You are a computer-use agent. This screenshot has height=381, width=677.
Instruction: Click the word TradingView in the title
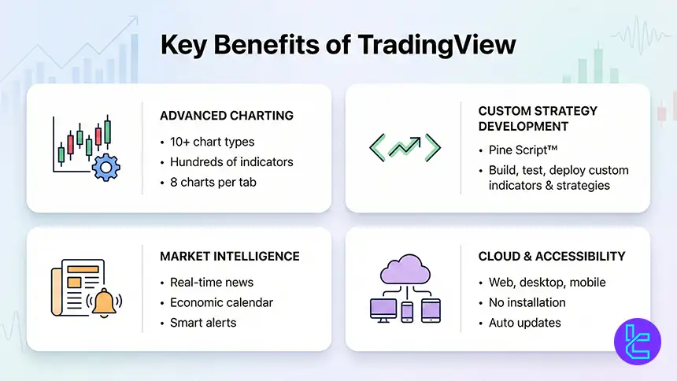coord(441,45)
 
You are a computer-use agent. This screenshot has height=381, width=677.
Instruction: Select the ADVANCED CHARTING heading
coord(226,116)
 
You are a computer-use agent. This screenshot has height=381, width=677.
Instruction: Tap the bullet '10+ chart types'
coord(212,142)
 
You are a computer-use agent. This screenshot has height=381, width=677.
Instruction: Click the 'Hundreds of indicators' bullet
coord(231,162)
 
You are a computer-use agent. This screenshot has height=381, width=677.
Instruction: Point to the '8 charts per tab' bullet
coord(214,182)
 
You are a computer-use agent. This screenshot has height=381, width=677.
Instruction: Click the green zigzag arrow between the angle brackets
coord(405,146)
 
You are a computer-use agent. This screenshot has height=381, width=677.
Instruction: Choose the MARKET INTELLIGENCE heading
coord(231,256)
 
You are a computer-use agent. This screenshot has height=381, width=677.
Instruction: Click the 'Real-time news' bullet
coord(212,283)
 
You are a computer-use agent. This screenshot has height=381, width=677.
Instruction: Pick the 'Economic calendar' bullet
coord(221,302)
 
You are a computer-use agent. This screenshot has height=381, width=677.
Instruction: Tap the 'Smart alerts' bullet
coord(203,322)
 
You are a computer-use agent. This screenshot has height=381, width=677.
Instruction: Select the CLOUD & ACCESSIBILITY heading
coord(551,256)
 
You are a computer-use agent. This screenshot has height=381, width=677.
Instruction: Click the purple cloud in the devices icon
coord(405,272)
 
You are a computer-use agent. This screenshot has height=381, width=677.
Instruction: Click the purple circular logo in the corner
coord(636,342)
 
